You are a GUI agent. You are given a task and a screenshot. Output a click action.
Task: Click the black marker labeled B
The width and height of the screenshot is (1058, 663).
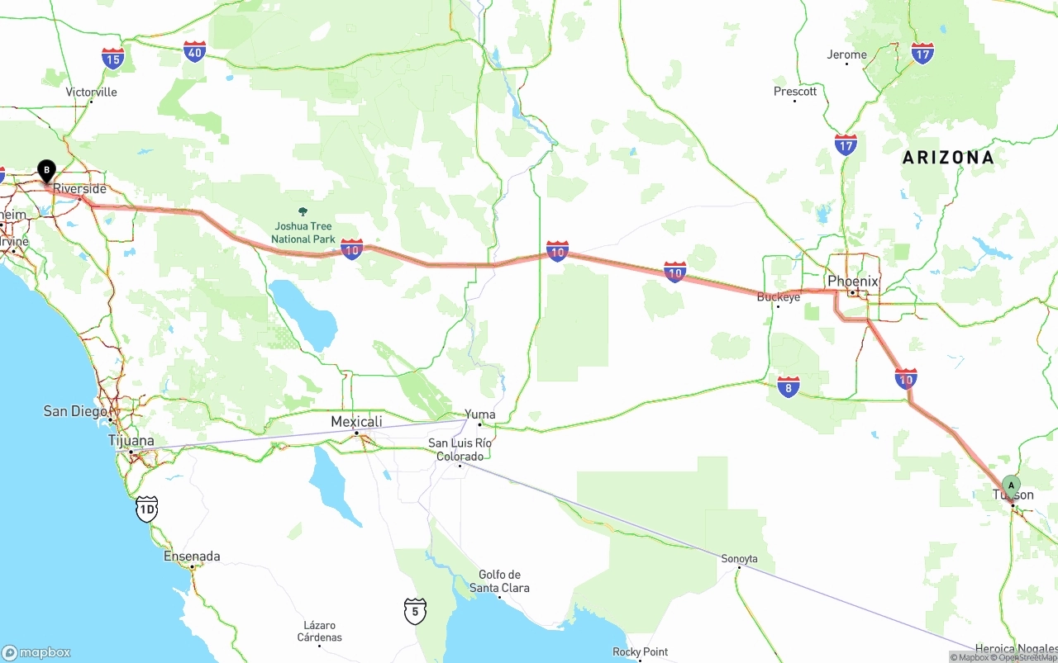coord(47,171)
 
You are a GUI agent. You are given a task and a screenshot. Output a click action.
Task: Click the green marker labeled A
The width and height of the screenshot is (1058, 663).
coord(1011,485)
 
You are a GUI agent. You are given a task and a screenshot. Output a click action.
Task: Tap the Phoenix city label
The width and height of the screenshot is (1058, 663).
coord(852,282)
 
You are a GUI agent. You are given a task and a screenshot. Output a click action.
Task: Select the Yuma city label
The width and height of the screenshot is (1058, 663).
coord(479,414)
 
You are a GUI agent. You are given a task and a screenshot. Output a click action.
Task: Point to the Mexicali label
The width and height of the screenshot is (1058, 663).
coord(356,422)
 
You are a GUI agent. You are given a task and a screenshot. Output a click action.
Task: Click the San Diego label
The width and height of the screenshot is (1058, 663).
coord(76,411)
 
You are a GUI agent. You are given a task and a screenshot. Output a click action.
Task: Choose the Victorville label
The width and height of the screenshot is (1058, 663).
coord(91,92)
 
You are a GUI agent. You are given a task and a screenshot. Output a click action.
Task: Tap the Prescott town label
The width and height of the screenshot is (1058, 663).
coord(795,91)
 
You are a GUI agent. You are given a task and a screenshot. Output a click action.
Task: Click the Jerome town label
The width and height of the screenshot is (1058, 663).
coord(847,54)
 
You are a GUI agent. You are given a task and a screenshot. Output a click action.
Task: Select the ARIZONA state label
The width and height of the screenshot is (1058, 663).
coord(948,157)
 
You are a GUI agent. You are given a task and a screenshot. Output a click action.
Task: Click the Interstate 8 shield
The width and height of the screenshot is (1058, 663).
coord(789,386)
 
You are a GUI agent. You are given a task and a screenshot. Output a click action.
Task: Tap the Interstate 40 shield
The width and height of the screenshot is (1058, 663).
coord(194,52)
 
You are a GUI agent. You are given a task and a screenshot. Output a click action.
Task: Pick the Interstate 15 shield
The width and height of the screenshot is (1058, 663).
coord(113,58)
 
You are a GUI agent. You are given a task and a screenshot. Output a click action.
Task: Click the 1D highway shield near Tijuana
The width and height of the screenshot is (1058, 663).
coord(146,509)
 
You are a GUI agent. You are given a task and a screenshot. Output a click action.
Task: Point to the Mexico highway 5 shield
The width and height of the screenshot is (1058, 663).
coord(415,611)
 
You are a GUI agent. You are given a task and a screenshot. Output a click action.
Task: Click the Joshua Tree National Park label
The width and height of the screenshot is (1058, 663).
coord(303,233)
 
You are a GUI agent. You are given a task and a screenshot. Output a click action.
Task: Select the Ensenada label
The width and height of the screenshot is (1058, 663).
coord(192,556)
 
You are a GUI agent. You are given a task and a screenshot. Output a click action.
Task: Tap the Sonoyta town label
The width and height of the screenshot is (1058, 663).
coord(739,559)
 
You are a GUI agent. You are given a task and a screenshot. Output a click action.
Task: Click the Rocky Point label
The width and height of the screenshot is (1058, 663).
coord(640,651)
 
